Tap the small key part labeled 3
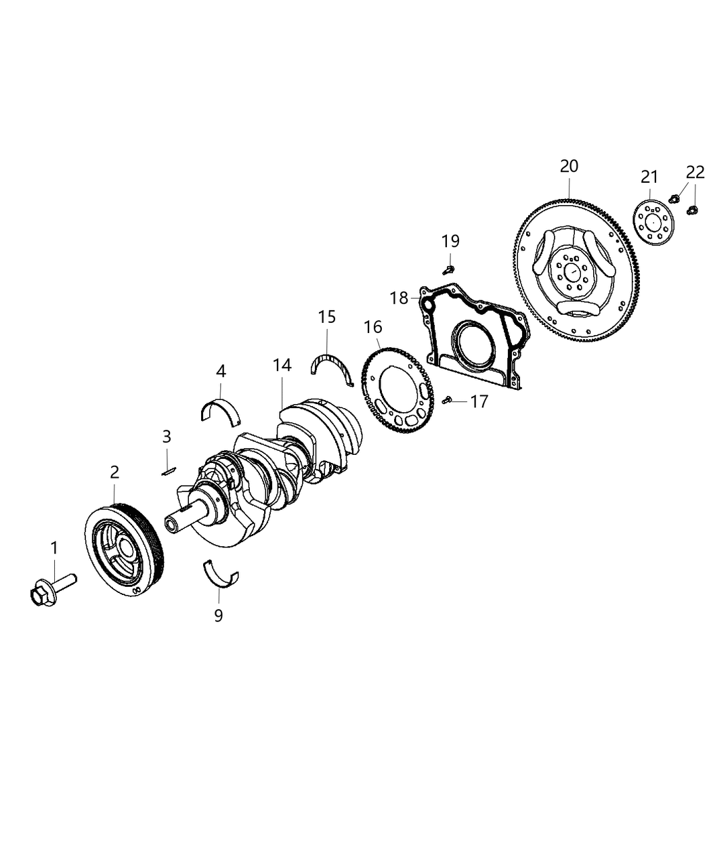coord(169,470)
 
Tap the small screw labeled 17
coord(447,401)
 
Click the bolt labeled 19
coord(448,269)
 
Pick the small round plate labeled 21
coord(652,221)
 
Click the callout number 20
coord(569,166)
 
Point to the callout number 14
coord(282,365)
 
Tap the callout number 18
coord(399,297)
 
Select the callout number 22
coord(695,171)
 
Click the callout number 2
coord(114,472)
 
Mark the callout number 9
coord(218,615)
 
